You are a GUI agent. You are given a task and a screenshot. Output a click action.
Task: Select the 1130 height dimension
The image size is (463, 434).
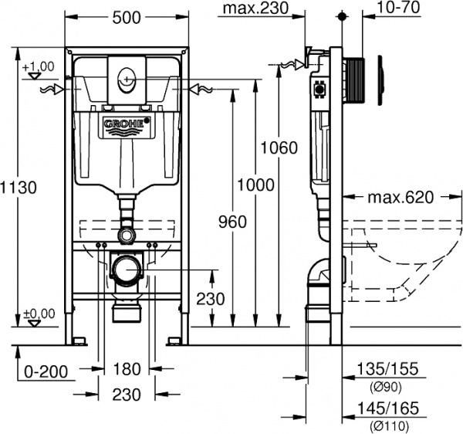coord(17,187)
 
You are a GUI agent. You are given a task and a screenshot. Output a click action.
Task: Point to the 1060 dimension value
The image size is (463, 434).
coord(279,147)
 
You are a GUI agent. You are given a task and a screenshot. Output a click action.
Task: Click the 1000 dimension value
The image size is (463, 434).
coord(255,185)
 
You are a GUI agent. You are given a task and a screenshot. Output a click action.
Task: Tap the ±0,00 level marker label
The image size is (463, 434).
coord(39,313)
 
